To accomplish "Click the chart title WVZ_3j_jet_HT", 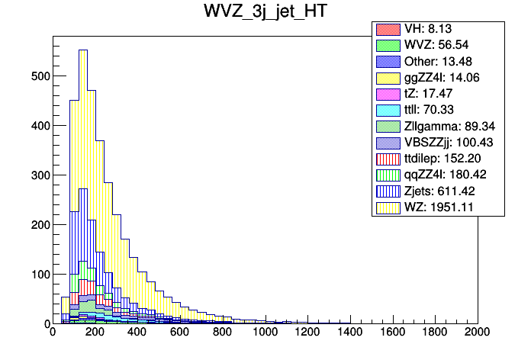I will [265, 14].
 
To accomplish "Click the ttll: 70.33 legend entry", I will [438, 110].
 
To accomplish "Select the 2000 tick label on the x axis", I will [478, 333].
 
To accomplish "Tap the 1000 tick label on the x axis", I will [265, 333].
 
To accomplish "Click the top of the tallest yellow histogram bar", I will [83, 50].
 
